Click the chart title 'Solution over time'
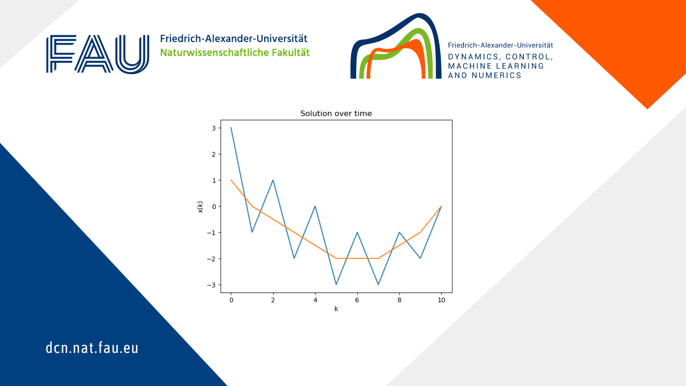[336, 113]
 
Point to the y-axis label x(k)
[200, 207]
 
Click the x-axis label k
[336, 309]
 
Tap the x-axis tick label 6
[357, 300]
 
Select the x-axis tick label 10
[441, 300]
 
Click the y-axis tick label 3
[214, 128]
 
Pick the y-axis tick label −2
[211, 259]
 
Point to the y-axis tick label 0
[214, 206]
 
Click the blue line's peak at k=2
[273, 180]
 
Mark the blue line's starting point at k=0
[231, 128]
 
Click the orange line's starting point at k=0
[231, 180]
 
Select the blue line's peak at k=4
[315, 206]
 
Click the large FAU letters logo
[98, 54]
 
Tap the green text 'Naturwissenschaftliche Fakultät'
[235, 53]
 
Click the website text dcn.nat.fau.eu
[92, 348]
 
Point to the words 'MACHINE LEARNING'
[496, 66]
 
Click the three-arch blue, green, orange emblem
[396, 46]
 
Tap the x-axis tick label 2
[273, 300]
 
